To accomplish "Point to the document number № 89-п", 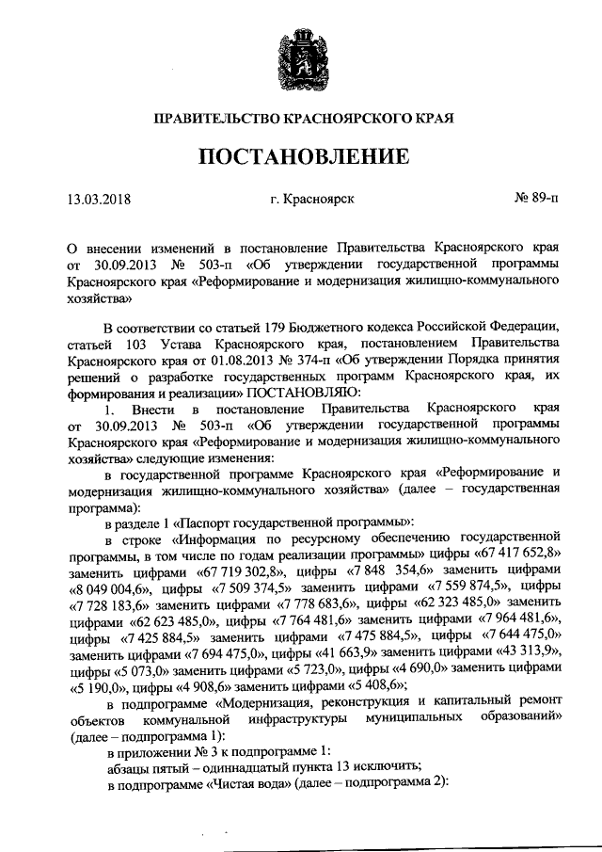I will pyautogui.click(x=534, y=200).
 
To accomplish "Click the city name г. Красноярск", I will pyautogui.click(x=311, y=200).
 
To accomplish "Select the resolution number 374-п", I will pyautogui.click(x=277, y=361).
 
